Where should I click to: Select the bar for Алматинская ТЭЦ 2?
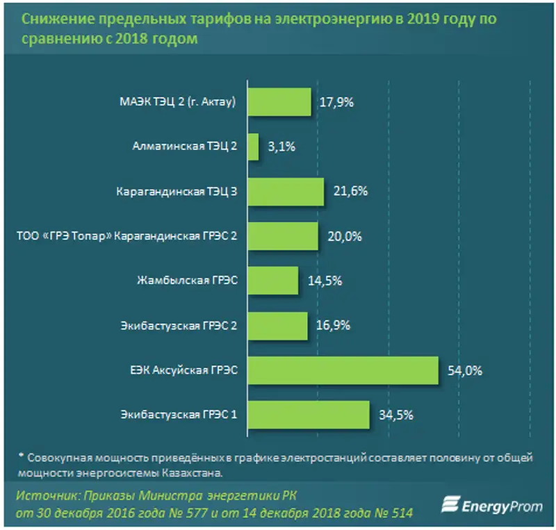(x=252, y=147)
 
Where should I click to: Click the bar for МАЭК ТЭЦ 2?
(x=279, y=102)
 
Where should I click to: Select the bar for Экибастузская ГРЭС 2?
(x=277, y=326)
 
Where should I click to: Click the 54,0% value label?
(x=466, y=370)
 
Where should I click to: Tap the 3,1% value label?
(x=281, y=147)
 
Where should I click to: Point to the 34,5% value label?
(x=396, y=415)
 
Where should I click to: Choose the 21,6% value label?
(x=351, y=192)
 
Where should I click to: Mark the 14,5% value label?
(x=325, y=281)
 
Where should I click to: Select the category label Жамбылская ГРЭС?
(x=188, y=281)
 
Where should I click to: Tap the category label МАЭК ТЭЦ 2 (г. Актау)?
(x=179, y=103)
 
